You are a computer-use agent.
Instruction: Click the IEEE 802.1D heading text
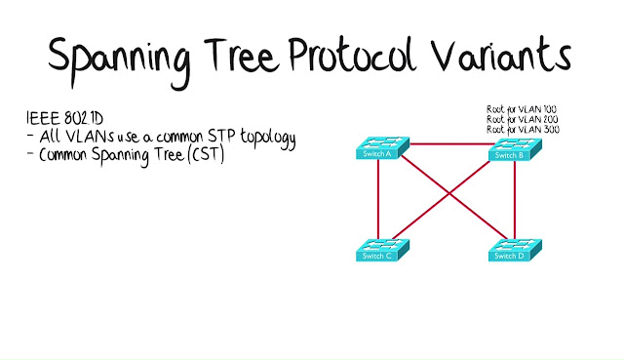(65, 118)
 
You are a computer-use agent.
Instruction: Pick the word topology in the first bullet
(268, 139)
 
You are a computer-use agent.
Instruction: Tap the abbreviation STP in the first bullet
(221, 136)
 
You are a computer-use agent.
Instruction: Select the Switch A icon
(382, 148)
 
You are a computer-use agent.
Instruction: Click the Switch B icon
(516, 149)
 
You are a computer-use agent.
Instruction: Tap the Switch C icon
(382, 250)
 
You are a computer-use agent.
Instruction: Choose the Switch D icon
(516, 250)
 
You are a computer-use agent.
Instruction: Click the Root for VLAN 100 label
(522, 109)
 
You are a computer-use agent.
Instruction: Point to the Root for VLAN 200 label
(523, 119)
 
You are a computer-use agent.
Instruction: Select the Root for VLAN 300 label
(523, 129)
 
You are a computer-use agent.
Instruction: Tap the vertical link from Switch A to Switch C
(378, 200)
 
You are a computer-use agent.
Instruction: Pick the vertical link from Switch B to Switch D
(515, 200)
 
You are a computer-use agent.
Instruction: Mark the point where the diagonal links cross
(449, 194)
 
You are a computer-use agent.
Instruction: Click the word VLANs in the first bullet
(90, 137)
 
